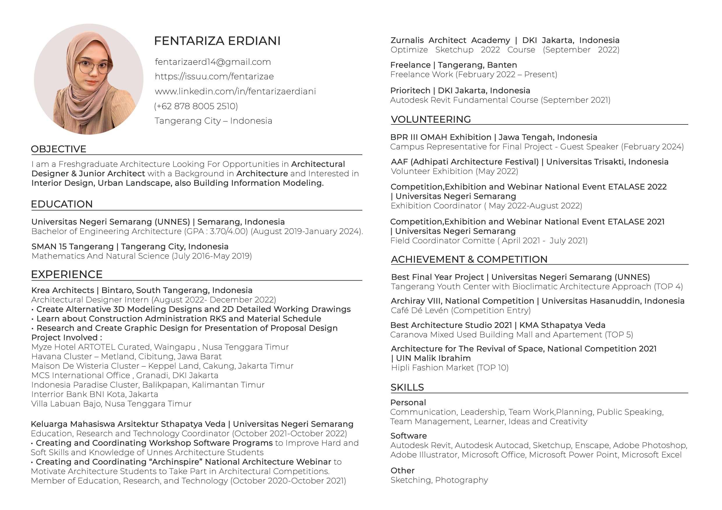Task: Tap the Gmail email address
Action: [x=213, y=62]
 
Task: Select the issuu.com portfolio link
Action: [x=214, y=76]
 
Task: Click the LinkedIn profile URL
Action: [x=235, y=91]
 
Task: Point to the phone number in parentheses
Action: [x=196, y=106]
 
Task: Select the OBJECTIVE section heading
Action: [x=58, y=149]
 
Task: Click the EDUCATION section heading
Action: [x=62, y=204]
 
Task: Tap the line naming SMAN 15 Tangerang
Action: [x=130, y=247]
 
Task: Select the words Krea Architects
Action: [x=63, y=290]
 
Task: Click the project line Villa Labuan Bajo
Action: [x=111, y=404]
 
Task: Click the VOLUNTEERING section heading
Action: [x=430, y=120]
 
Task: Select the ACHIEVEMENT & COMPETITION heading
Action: [x=469, y=260]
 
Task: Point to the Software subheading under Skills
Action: [x=409, y=436]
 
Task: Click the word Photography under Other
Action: [x=461, y=480]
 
